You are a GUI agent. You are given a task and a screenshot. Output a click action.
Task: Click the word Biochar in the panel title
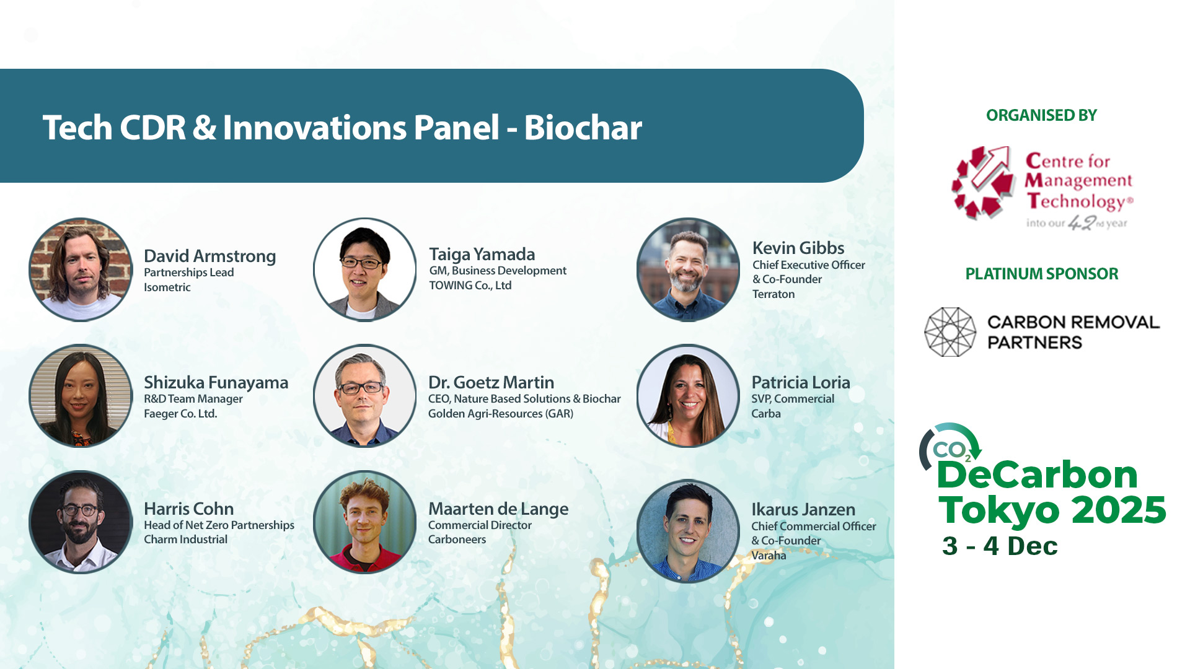pos(583,128)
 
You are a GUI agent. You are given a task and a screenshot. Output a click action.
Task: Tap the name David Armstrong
pos(210,256)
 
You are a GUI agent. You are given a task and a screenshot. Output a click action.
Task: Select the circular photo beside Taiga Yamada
pos(365,269)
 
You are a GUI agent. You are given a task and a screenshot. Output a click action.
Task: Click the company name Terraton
pos(773,294)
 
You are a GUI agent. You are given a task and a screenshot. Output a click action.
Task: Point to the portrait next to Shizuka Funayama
pos(81,396)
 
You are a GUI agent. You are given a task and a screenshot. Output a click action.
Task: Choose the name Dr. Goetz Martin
pos(491,382)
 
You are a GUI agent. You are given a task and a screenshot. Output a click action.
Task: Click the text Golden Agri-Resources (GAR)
pos(501,414)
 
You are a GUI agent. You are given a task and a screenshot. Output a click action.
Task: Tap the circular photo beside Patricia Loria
pos(688,396)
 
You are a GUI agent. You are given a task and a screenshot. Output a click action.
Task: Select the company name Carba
pos(766,414)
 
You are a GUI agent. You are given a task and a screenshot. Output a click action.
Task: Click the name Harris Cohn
pos(189,509)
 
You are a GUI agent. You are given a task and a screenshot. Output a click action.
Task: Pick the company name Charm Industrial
pos(186,540)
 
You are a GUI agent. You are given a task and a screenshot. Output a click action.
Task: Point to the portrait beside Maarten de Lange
pos(365,522)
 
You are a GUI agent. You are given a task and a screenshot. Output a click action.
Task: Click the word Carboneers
pos(457,540)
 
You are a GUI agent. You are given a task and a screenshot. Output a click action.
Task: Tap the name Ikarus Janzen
pos(803,509)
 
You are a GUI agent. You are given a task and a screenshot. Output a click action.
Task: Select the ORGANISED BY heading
pos(1041,115)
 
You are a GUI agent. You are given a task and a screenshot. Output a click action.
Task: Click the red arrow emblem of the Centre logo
pos(984,183)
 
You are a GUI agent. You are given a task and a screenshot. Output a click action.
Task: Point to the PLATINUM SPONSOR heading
pos(1042,274)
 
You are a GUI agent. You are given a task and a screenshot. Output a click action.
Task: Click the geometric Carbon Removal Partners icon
pos(950,332)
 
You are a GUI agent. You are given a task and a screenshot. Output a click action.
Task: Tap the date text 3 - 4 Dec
pos(1000,546)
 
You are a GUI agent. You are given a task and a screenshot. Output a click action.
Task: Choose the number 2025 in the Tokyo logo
pos(1119,510)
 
